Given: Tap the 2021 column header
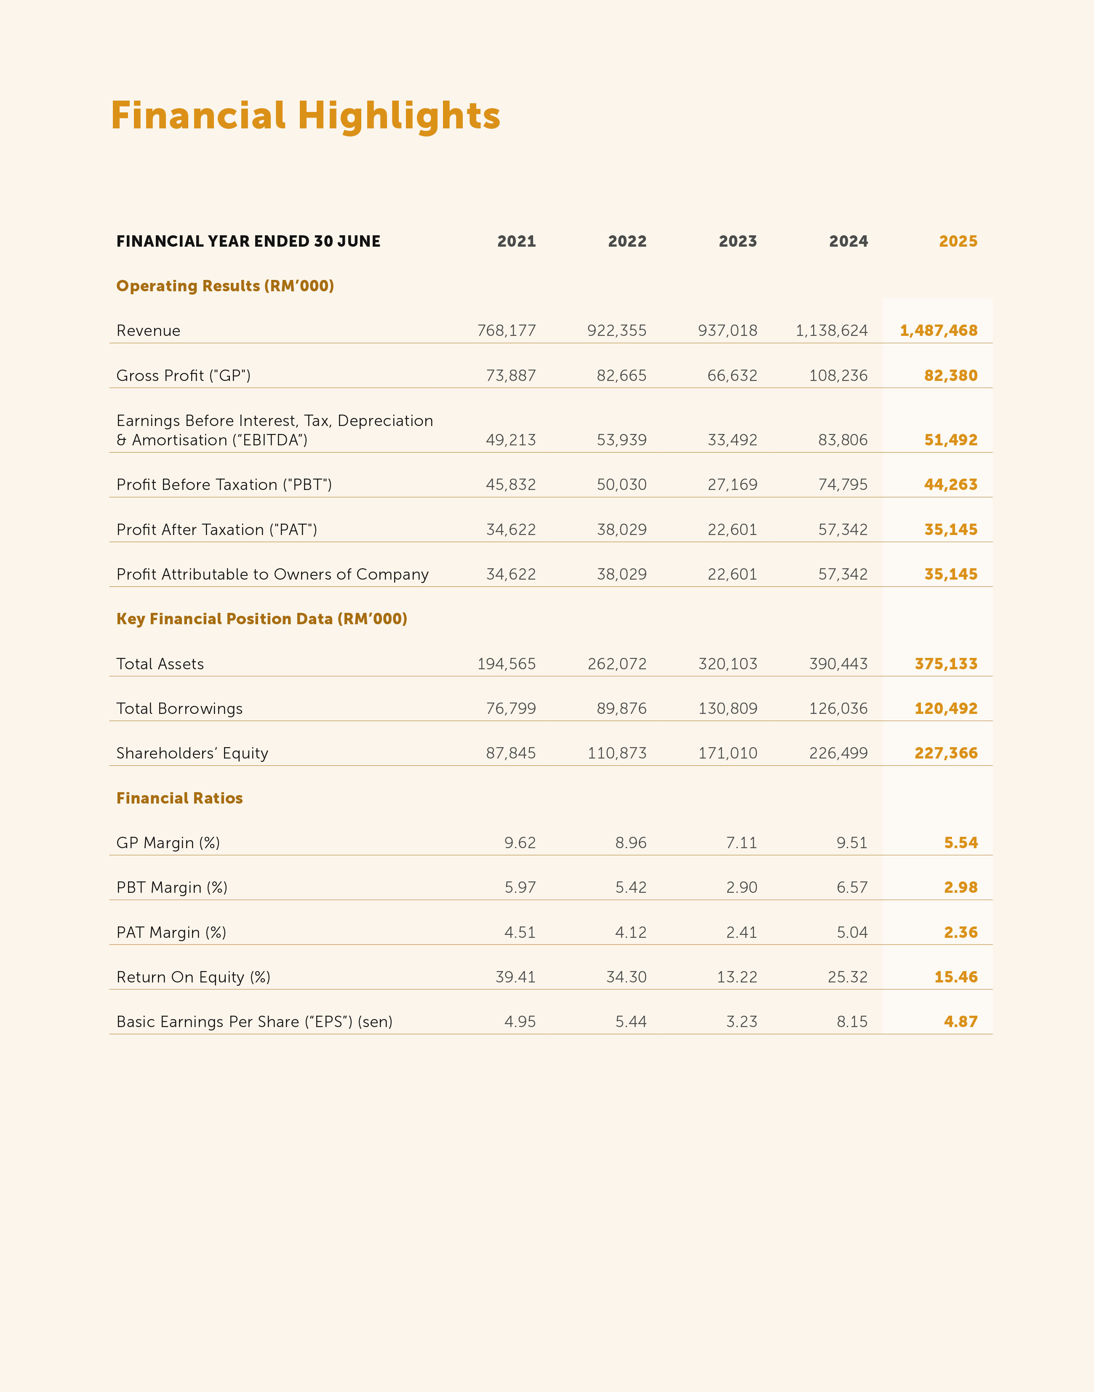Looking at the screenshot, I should pyautogui.click(x=516, y=241).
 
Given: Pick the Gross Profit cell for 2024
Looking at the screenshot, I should pyautogui.click(x=838, y=375).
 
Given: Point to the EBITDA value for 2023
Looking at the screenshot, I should pyautogui.click(x=732, y=440).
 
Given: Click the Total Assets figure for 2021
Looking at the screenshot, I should pyautogui.click(x=506, y=664).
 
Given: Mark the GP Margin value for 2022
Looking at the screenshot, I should pyautogui.click(x=630, y=843).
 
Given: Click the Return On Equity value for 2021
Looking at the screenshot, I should pyautogui.click(x=515, y=977).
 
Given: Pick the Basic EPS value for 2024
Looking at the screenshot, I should pyautogui.click(x=852, y=1022).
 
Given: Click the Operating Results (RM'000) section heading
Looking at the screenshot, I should pyautogui.click(x=225, y=286).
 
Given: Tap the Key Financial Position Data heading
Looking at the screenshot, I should pyautogui.click(x=261, y=619).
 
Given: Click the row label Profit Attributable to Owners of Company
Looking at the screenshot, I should pyautogui.click(x=272, y=574).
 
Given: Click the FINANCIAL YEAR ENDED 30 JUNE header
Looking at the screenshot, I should pyautogui.click(x=248, y=241).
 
